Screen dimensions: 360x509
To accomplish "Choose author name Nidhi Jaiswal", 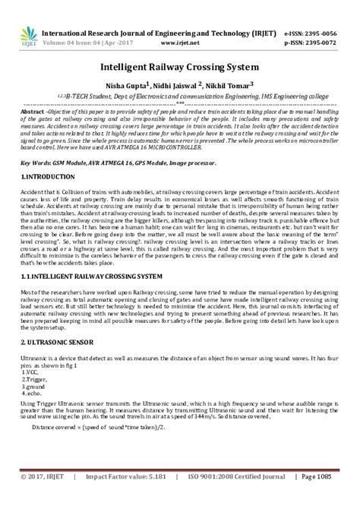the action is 174,85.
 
